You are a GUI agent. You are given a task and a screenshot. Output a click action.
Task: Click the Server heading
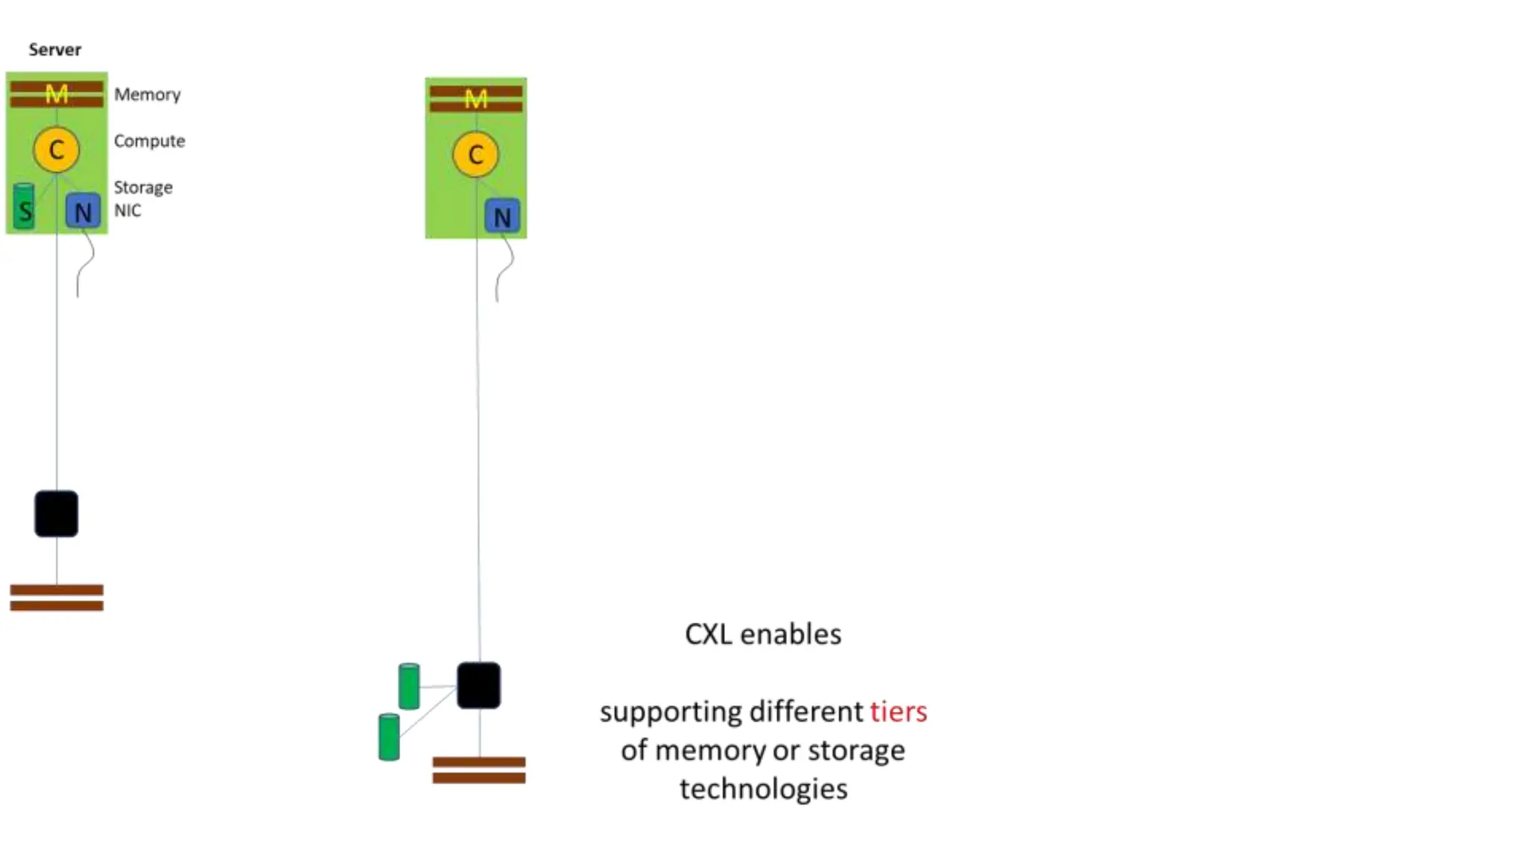[x=54, y=50]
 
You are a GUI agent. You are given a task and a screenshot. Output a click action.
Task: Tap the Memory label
[x=147, y=95]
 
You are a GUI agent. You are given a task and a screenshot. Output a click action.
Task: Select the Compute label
[x=149, y=141]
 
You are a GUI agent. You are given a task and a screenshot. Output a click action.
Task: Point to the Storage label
[x=142, y=187]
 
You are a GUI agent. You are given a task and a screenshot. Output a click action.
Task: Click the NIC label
[x=127, y=211]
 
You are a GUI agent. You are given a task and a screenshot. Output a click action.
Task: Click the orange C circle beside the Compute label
[x=56, y=150]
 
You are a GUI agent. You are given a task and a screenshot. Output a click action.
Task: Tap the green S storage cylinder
[x=25, y=207]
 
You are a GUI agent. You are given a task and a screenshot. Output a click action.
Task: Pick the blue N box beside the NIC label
[x=83, y=212]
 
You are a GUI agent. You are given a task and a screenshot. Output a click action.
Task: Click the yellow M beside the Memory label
[x=57, y=94]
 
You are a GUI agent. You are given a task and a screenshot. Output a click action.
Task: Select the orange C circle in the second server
[x=475, y=155]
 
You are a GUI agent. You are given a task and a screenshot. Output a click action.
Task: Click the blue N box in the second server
[x=502, y=217]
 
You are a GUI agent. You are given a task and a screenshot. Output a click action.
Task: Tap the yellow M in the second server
[x=476, y=99]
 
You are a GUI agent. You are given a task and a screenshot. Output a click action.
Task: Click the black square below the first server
[x=56, y=513]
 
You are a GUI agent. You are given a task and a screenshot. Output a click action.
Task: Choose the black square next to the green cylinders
[x=478, y=685]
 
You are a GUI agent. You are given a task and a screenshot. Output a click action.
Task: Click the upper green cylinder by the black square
[x=409, y=686]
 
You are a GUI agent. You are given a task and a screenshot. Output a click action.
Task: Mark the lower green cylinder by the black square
[x=389, y=737]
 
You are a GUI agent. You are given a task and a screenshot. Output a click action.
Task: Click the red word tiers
[x=898, y=711]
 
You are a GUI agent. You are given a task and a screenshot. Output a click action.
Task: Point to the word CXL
[x=708, y=635]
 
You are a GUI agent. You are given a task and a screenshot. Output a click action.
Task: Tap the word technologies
[x=763, y=789]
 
